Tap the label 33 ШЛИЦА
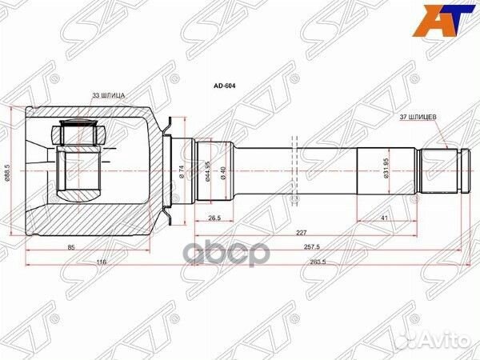click(109, 95)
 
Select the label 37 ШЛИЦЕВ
click(418, 117)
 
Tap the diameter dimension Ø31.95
click(387, 170)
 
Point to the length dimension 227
click(299, 233)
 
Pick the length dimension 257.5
click(323, 248)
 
